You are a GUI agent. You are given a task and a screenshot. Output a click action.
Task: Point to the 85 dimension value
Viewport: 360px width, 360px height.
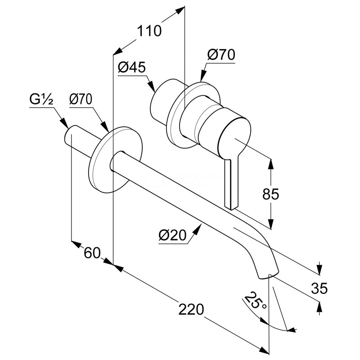[270, 194]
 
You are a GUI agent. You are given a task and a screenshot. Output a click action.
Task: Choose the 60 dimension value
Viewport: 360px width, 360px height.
[92, 253]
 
